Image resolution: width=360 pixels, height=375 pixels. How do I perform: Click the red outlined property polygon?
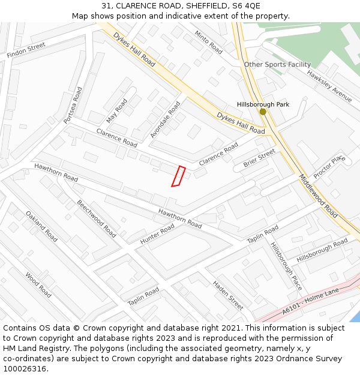(178, 176)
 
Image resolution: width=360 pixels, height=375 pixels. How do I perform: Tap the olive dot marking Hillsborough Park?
(262, 112)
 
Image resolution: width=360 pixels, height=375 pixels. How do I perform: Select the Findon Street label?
(26, 50)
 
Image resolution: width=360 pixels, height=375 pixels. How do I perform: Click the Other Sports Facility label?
(277, 64)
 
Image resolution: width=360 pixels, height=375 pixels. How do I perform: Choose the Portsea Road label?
(73, 105)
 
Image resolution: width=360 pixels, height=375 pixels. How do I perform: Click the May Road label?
(116, 110)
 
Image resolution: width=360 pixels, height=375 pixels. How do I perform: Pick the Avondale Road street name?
(165, 119)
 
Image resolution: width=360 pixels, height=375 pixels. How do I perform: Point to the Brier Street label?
(259, 158)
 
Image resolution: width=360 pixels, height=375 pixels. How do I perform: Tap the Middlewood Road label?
(318, 196)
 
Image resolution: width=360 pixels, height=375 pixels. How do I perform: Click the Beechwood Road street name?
(96, 218)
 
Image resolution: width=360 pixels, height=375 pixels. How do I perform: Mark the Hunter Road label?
(157, 233)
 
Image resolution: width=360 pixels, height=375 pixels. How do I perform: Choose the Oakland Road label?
(41, 226)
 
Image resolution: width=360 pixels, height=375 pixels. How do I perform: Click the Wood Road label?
(38, 284)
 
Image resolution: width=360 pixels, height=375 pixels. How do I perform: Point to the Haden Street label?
(228, 295)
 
